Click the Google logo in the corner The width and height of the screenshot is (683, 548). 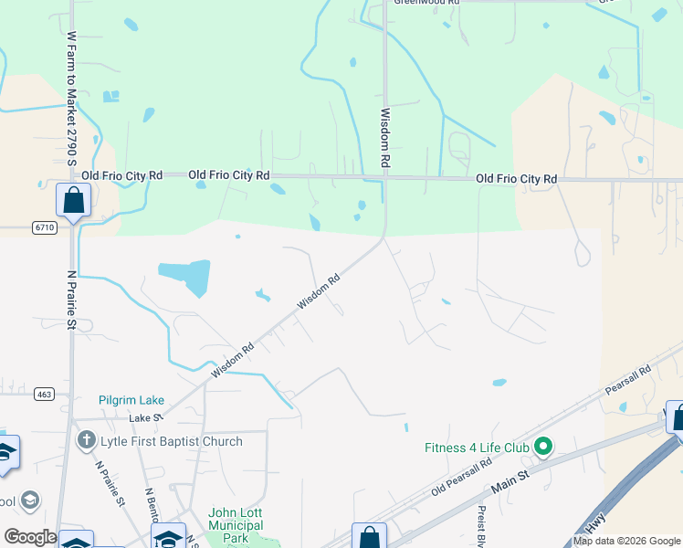(30, 537)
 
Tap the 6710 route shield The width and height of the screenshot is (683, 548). (43, 227)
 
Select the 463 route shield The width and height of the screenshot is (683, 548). (43, 394)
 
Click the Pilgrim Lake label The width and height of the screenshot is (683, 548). (132, 401)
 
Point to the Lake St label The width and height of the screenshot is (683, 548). (145, 417)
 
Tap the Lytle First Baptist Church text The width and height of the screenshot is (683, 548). (173, 442)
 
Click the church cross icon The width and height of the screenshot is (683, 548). (87, 441)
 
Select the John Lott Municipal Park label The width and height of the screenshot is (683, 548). (236, 525)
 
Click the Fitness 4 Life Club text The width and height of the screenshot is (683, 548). (478, 448)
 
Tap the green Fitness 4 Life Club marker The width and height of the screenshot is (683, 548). (543, 448)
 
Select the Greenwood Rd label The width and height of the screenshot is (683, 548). (426, 3)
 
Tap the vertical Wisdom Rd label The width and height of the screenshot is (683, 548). (385, 137)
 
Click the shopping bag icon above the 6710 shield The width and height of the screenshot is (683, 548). (72, 199)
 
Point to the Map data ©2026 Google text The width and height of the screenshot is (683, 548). (626, 541)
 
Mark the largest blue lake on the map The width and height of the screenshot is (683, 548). (185, 278)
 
